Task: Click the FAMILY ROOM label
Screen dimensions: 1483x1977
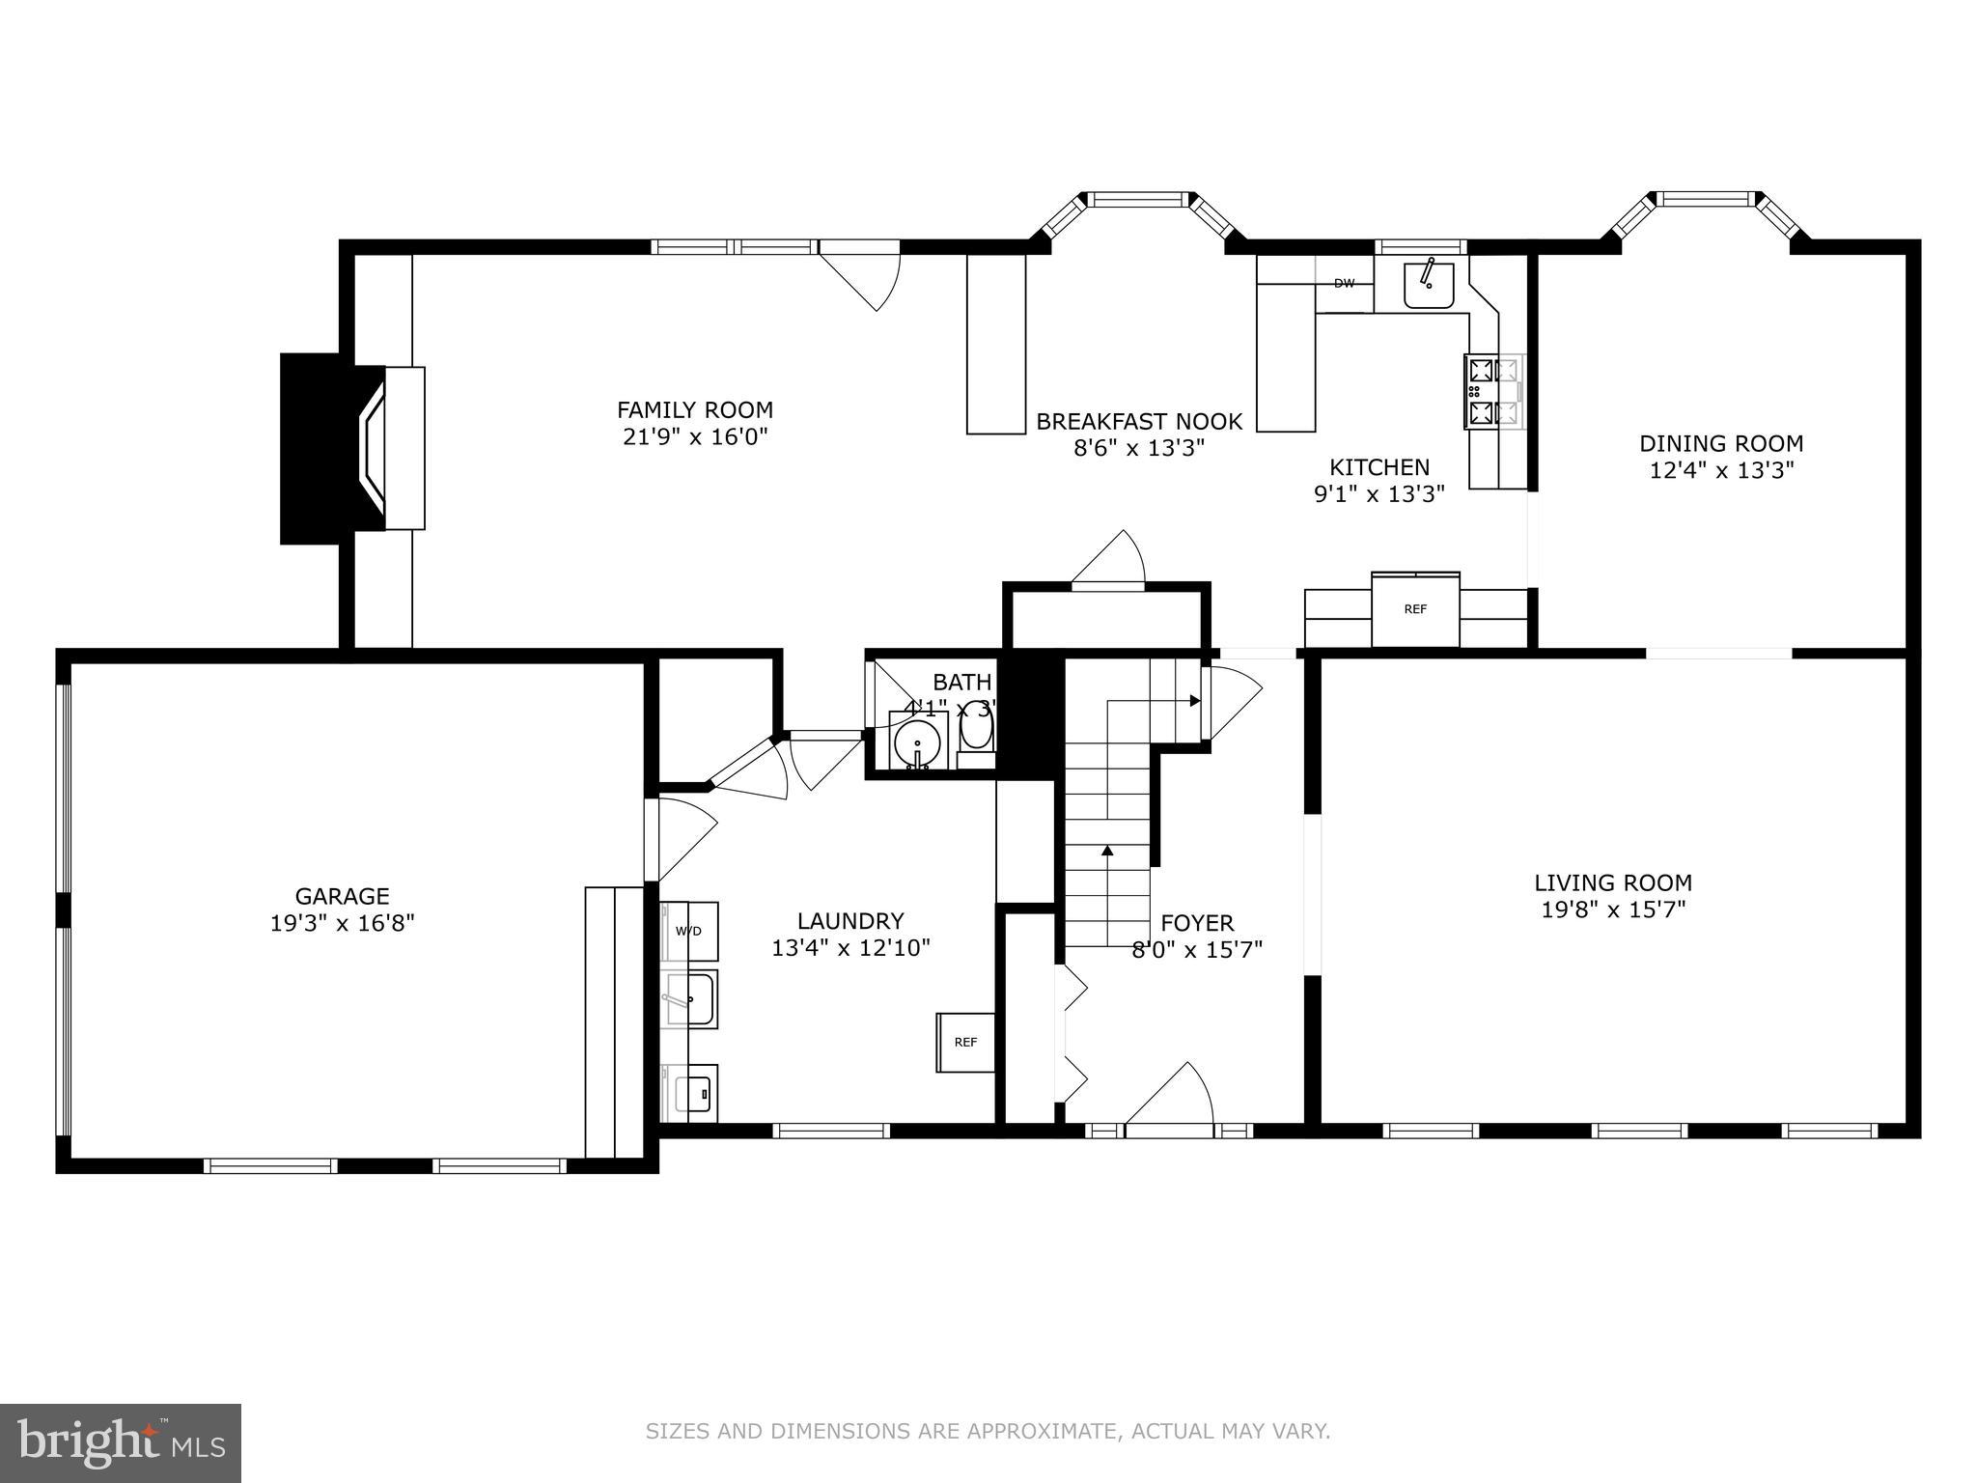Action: pos(694,410)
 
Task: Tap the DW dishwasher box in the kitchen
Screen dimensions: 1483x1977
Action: pos(1344,284)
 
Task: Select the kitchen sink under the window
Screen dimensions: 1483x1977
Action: pos(1429,282)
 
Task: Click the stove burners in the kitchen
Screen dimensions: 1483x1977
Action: pos(1492,391)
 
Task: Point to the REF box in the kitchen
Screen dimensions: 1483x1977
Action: pos(1415,610)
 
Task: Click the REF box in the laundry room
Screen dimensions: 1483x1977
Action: pos(965,1043)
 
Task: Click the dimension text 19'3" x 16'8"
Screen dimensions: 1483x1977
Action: pos(342,924)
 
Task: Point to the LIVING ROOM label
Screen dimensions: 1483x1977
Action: pos(1613,882)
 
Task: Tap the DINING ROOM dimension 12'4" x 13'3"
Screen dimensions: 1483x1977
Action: pos(1721,470)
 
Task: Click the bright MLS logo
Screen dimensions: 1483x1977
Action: pos(120,1442)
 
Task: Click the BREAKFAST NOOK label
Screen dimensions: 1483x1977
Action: pos(1139,422)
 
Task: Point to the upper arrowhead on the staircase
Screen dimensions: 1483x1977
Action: pos(1195,700)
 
